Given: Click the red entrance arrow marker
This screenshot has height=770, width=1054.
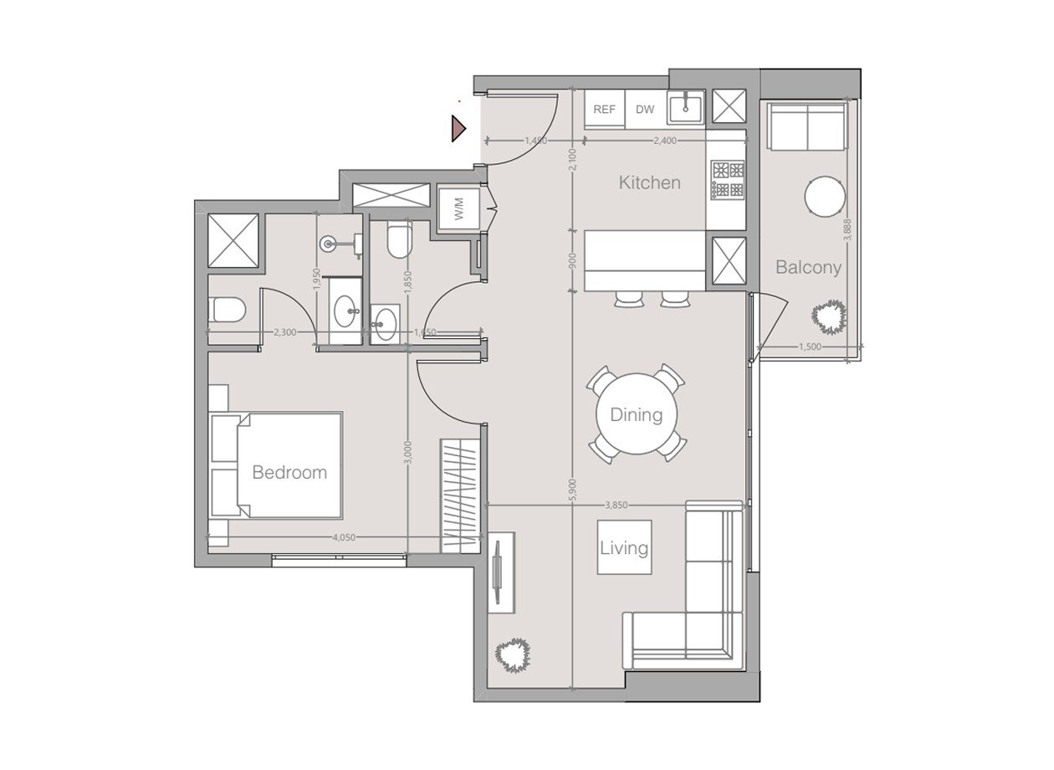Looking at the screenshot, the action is click(x=458, y=128).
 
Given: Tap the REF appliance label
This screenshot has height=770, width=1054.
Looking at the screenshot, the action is click(x=604, y=110).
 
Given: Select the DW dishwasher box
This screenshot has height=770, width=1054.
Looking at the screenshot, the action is click(x=645, y=110).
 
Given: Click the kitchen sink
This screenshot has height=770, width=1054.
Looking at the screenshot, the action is click(x=686, y=107).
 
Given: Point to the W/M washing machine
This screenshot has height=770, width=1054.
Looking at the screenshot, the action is click(x=459, y=208).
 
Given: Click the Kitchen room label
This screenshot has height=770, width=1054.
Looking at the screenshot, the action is click(x=649, y=182).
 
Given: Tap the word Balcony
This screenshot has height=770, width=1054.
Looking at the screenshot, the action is click(x=808, y=267).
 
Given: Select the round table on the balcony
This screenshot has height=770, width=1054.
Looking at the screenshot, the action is click(x=825, y=196).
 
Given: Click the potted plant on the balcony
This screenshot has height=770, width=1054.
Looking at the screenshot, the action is click(x=829, y=317).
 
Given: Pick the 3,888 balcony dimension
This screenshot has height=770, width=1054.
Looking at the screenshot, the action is click(x=848, y=229).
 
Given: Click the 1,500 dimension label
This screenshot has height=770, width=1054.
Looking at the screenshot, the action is click(x=810, y=346).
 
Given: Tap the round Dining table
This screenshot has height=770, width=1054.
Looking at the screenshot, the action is click(x=636, y=414).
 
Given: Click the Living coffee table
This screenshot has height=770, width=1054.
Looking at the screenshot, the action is click(x=624, y=547).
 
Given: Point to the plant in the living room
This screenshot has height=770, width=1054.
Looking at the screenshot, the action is click(x=513, y=654).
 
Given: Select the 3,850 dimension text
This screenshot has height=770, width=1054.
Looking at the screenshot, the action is click(x=617, y=505).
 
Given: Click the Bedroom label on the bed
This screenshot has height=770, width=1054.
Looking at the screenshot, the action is click(x=289, y=472).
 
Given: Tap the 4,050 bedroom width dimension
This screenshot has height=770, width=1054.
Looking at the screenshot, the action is click(x=344, y=537).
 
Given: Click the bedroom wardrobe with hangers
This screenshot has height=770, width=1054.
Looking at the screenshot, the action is click(x=460, y=495).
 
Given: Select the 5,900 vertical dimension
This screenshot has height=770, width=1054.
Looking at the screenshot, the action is click(x=572, y=490).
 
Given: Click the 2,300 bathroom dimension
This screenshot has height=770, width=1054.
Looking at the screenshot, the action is click(x=285, y=332).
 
